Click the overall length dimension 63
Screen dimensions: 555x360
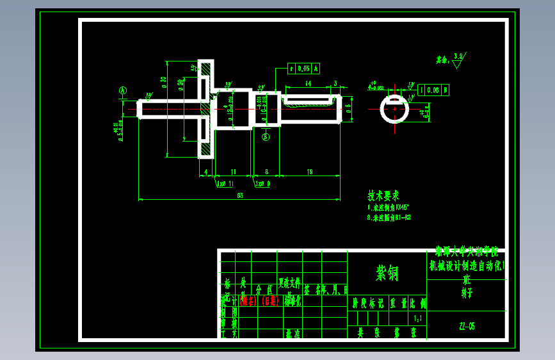240,195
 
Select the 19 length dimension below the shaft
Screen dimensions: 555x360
310,172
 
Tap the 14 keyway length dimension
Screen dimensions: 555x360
308,83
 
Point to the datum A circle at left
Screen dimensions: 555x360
123,91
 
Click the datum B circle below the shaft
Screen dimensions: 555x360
266,136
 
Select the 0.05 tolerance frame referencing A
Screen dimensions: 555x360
304,68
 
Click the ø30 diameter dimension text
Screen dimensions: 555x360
164,81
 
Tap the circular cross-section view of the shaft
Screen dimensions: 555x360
395,110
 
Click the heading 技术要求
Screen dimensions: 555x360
383,195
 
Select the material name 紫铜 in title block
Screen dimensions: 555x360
387,274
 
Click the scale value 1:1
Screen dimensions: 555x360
418,318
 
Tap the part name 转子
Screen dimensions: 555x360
467,293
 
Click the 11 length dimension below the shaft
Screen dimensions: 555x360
233,172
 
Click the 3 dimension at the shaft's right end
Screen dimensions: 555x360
335,83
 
